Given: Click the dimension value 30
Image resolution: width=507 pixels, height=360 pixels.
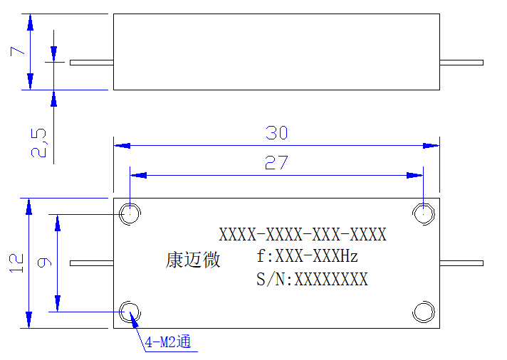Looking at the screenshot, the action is (x=276, y=133).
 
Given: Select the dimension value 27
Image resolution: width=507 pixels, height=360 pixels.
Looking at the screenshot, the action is (x=276, y=162).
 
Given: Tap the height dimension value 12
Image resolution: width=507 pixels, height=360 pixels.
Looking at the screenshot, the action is (x=16, y=263).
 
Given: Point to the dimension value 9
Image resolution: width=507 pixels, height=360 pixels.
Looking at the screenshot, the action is (x=45, y=263).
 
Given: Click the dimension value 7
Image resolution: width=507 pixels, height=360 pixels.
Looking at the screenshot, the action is (x=17, y=51).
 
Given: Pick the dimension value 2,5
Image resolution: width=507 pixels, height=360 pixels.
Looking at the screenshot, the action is (x=38, y=143).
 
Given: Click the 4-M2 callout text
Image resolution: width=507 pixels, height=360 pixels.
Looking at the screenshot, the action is (x=168, y=342).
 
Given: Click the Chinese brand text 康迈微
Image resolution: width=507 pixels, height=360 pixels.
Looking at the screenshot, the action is (x=193, y=260).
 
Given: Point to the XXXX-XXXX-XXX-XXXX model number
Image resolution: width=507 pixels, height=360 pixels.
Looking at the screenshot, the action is (x=303, y=234).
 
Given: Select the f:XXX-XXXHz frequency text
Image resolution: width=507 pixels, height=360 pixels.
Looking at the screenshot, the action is (x=307, y=256).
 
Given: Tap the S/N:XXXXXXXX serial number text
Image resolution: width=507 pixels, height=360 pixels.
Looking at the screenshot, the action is (x=312, y=279).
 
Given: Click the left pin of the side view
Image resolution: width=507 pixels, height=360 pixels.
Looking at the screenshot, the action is (x=92, y=63).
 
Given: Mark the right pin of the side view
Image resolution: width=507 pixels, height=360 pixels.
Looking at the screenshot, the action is (x=461, y=63).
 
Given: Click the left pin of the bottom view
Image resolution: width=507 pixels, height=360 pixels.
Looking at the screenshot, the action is (x=92, y=263).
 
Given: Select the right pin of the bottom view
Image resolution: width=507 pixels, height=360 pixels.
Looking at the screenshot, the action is (x=461, y=263).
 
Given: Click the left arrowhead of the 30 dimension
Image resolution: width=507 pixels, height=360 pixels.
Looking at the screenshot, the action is (x=122, y=146).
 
